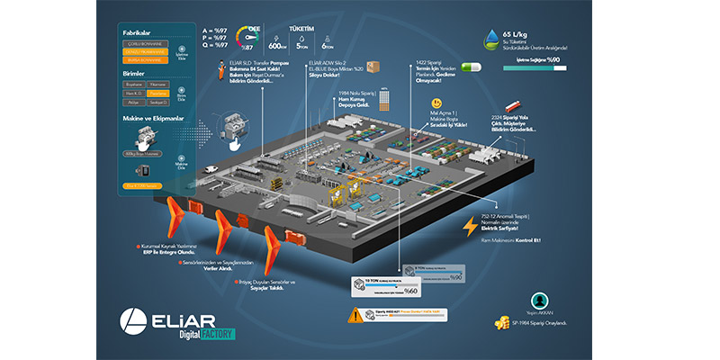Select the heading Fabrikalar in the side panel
(137, 32)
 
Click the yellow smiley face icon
(436, 103)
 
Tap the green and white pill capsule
(470, 66)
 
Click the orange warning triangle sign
(356, 315)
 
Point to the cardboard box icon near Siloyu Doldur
(373, 67)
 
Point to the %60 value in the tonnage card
(412, 290)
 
